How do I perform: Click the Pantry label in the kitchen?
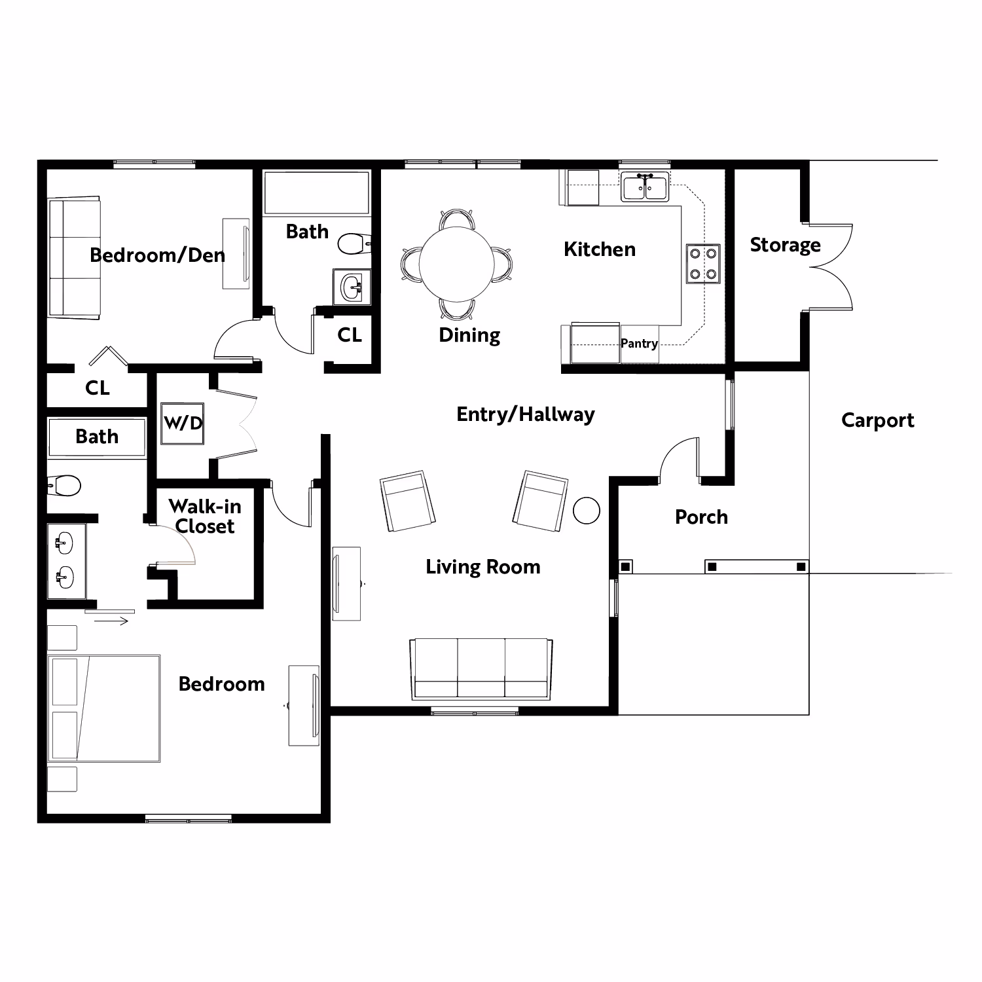tap(639, 343)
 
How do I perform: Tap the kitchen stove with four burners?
tap(703, 264)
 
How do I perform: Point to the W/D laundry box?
tap(183, 423)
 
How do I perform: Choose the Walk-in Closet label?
tap(205, 516)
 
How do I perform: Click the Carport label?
tap(877, 420)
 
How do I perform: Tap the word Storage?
tap(785, 245)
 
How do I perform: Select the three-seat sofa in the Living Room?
tap(481, 668)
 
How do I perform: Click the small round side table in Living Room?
tap(586, 511)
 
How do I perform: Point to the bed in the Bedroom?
tap(105, 708)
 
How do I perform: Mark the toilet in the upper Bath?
tap(354, 244)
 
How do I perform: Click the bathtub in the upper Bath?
tap(316, 192)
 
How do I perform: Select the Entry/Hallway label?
tap(525, 414)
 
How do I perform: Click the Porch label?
tap(701, 517)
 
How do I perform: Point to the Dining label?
tap(469, 335)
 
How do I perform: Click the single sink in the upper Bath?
tap(352, 287)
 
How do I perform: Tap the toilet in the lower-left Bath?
tap(65, 486)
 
